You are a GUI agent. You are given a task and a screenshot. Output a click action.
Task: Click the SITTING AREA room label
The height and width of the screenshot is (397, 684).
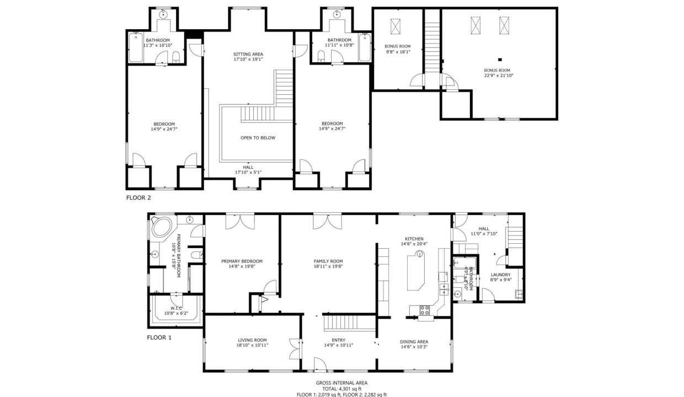[x=248, y=53]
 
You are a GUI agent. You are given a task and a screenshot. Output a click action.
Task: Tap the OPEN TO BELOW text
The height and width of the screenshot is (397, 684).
[x=258, y=138]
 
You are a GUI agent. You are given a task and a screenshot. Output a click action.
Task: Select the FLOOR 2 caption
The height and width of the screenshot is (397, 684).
[x=138, y=197]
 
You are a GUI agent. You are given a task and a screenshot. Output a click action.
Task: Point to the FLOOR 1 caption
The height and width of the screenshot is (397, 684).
[x=159, y=337]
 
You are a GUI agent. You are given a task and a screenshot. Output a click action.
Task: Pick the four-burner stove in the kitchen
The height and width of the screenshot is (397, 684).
[x=425, y=310]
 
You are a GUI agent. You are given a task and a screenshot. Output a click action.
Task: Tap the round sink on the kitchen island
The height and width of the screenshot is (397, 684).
[x=420, y=254]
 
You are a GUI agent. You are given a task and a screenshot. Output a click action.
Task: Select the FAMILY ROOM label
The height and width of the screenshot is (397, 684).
[x=328, y=261]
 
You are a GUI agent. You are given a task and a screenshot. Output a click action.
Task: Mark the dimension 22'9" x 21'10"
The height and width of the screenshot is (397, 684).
[x=497, y=76]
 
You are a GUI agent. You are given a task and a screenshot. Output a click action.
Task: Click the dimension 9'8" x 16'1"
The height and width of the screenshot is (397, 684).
[x=397, y=51]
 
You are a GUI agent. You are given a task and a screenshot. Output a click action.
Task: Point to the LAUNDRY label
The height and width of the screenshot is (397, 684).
[x=500, y=274]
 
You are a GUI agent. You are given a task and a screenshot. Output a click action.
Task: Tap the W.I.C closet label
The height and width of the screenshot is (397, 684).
[x=177, y=308]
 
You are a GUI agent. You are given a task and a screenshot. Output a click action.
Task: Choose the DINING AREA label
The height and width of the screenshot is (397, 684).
[x=414, y=341]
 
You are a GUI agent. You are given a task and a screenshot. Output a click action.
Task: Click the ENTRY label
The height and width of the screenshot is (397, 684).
[x=338, y=340]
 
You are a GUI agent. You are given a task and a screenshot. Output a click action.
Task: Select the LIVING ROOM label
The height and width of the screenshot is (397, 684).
[x=253, y=340]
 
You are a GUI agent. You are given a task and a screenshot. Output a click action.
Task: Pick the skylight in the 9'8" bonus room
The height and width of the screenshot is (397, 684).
[x=396, y=27]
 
